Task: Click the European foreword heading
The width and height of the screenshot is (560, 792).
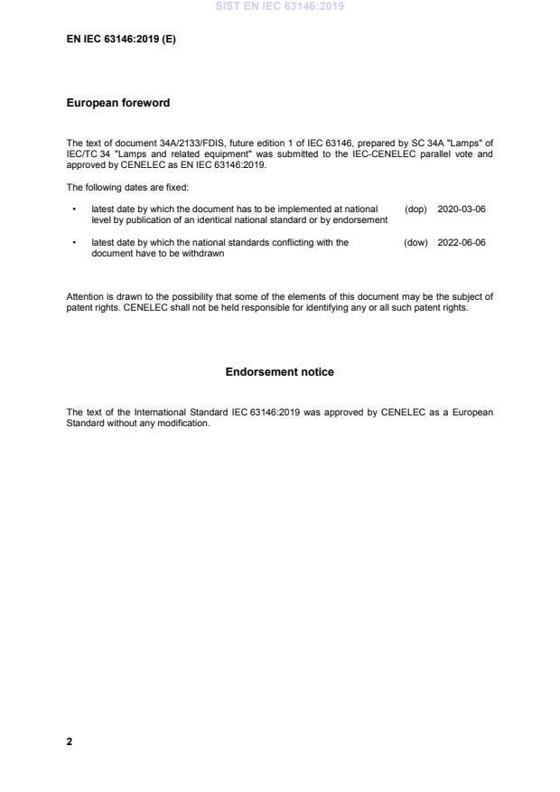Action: click(x=117, y=103)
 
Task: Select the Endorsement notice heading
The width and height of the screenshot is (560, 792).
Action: click(x=279, y=372)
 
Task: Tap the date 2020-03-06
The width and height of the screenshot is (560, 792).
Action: click(x=461, y=209)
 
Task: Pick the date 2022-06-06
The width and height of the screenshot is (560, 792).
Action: click(x=461, y=242)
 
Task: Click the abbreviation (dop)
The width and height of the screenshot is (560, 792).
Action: click(x=415, y=209)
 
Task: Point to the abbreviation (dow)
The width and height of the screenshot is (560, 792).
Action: click(x=415, y=242)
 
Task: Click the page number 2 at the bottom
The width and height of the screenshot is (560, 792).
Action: click(x=70, y=741)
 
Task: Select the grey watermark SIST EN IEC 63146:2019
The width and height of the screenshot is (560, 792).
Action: click(x=279, y=7)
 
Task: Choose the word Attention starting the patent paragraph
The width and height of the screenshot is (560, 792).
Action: click(x=84, y=296)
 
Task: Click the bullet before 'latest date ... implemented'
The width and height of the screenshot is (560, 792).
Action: click(x=72, y=209)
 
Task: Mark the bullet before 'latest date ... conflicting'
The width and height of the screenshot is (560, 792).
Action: click(x=72, y=242)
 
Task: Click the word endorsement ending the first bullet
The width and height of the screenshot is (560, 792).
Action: click(x=360, y=220)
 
